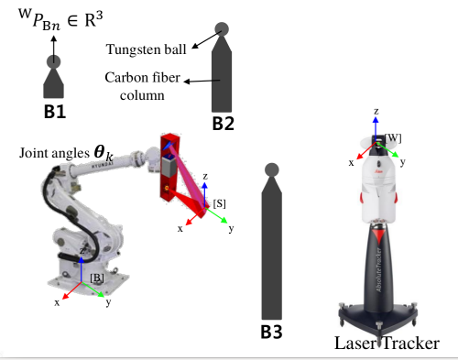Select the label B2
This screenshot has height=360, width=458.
(224, 121)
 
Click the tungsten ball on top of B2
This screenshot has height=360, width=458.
(222, 30)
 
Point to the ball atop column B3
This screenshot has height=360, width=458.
(270, 169)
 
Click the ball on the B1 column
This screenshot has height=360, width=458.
(54, 61)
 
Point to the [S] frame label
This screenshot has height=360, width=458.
(220, 201)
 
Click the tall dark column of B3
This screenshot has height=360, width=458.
(270, 247)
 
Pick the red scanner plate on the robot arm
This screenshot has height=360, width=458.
(169, 169)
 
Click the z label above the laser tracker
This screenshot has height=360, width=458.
(376, 111)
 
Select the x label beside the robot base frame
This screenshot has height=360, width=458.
(58, 300)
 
